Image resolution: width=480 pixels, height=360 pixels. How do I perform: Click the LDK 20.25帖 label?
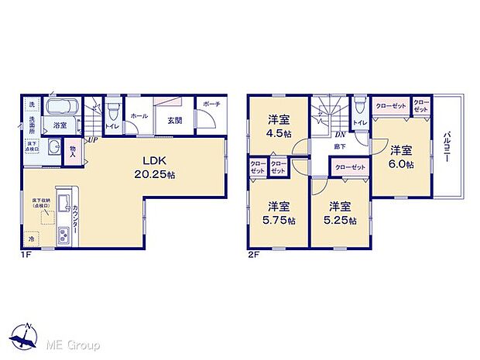pyautogui.click(x=157, y=168)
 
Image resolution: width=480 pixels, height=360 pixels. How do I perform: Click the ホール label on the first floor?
pyautogui.click(x=139, y=115)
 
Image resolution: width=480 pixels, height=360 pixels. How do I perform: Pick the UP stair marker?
pyautogui.click(x=92, y=139)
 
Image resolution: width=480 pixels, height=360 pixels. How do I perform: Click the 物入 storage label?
pyautogui.click(x=73, y=149)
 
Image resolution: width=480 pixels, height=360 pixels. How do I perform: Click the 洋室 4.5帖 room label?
pyautogui.click(x=279, y=125)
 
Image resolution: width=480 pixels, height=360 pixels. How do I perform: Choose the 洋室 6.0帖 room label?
pyautogui.click(x=401, y=157)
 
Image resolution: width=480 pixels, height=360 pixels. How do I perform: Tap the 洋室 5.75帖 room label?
pyautogui.click(x=279, y=213)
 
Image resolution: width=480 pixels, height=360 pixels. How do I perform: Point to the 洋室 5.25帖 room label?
pyautogui.click(x=338, y=213)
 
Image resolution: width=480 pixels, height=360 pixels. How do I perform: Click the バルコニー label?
pyautogui.click(x=447, y=147)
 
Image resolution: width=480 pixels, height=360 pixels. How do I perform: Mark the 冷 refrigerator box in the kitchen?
pyautogui.click(x=31, y=239)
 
